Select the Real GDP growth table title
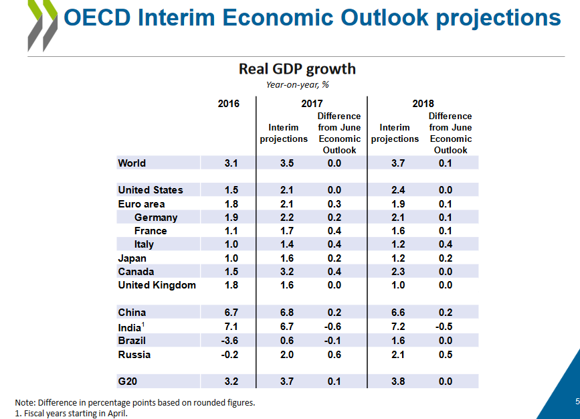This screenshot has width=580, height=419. point(297,69)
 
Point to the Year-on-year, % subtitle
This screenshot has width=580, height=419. point(297,84)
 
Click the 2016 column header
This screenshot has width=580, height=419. point(228,104)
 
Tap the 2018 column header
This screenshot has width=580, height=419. point(423,104)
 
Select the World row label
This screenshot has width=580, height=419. point(132,163)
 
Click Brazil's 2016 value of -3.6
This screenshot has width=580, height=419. point(228,341)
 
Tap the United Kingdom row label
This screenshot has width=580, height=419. point(157,285)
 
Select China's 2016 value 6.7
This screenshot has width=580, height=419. point(228,313)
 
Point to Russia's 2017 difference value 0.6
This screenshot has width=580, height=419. point(339,355)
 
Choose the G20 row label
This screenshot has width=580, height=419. point(128,382)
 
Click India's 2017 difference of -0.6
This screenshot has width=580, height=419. point(339,327)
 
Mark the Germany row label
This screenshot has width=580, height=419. point(155,218)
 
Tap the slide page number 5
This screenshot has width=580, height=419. point(577,402)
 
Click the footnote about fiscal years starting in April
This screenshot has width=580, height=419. point(71,413)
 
